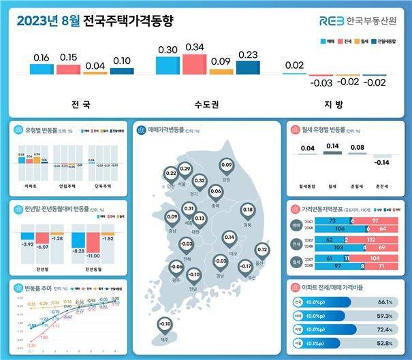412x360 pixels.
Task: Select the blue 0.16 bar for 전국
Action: tap(40, 69)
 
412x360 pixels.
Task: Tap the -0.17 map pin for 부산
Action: tap(247, 269)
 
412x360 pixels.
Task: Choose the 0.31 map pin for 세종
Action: tap(189, 209)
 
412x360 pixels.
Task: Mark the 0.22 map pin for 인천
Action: tap(170, 175)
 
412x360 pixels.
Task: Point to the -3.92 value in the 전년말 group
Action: tap(28, 243)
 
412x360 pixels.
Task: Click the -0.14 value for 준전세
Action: tap(382, 163)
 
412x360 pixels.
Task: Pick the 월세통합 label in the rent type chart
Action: tap(308, 182)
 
